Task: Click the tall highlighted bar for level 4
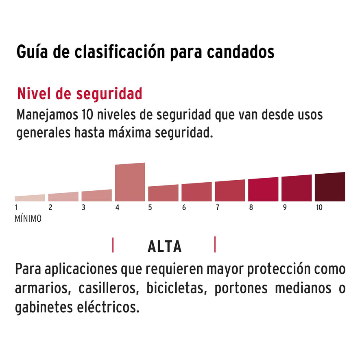[x=130, y=182]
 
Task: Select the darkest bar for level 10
[x=330, y=187]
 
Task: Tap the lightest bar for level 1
[x=30, y=198]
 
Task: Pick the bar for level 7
[x=230, y=191]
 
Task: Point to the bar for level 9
[x=297, y=188]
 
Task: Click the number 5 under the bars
[x=150, y=207]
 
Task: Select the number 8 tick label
[x=251, y=207]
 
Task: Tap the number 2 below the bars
[x=50, y=207]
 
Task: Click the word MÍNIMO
[x=28, y=219]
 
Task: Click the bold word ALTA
[x=164, y=247]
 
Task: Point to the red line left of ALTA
[x=113, y=245]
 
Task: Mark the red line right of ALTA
[x=215, y=244]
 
